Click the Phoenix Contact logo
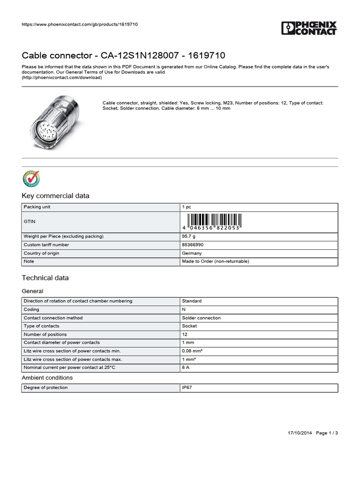(309, 28)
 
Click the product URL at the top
(80, 24)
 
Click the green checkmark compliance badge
(31, 179)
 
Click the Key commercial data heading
(55, 196)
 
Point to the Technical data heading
(45, 278)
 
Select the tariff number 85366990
(193, 245)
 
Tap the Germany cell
(192, 253)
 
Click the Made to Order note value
(215, 262)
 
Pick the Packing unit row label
(37, 207)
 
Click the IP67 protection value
(187, 388)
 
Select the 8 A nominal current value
(186, 368)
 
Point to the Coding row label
(31, 309)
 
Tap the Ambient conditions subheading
(47, 378)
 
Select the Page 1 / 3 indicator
(327, 433)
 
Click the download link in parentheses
(61, 78)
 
